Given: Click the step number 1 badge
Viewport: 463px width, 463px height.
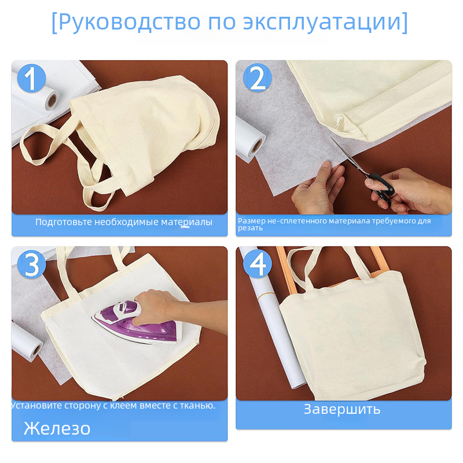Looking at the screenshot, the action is tap(31, 78).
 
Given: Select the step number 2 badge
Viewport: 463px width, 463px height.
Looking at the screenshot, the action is tap(257, 78).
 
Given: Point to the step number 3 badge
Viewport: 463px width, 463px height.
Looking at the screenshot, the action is tap(31, 264).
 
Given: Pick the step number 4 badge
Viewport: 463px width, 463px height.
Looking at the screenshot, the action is tap(257, 263).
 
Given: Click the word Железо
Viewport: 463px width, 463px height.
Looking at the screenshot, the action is tap(57, 428).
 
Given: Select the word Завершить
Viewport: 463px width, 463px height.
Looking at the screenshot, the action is tap(342, 410).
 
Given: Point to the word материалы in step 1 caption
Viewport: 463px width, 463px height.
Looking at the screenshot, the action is tap(186, 222).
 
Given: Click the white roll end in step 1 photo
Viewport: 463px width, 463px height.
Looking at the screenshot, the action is tap(52, 101).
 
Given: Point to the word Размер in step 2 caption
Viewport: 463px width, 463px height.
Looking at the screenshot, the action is tap(252, 221).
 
